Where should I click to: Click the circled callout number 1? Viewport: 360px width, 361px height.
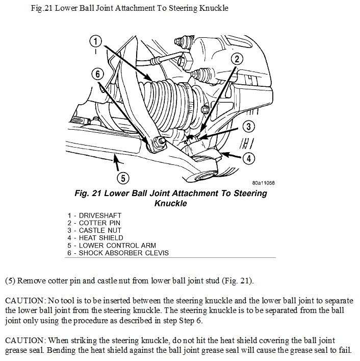point(95,40)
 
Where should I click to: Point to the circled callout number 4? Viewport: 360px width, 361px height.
point(248,158)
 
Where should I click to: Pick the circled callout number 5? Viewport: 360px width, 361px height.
point(122,178)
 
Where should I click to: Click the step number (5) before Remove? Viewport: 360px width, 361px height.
point(10,281)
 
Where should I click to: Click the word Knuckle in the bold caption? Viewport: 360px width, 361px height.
point(171,203)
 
